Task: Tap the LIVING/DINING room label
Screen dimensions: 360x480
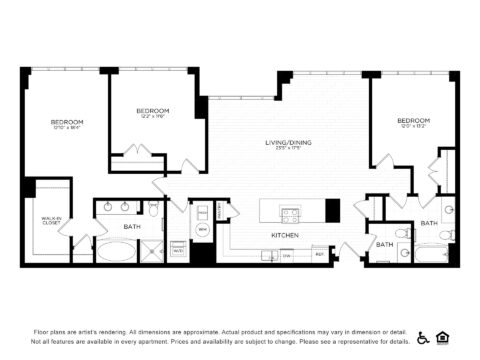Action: click(288, 143)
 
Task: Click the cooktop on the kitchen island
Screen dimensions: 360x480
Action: click(291, 212)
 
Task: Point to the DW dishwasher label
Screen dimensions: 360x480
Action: click(287, 255)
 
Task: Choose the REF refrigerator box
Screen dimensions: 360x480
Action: click(318, 255)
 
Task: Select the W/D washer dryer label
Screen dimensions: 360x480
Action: click(178, 250)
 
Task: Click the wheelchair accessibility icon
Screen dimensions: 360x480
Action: click(423, 338)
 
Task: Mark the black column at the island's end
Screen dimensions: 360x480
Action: click(332, 210)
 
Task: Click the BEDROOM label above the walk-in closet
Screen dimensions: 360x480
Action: click(67, 122)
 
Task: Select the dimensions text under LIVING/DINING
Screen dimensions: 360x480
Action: click(288, 151)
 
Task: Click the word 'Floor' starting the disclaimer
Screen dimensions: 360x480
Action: click(41, 330)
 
